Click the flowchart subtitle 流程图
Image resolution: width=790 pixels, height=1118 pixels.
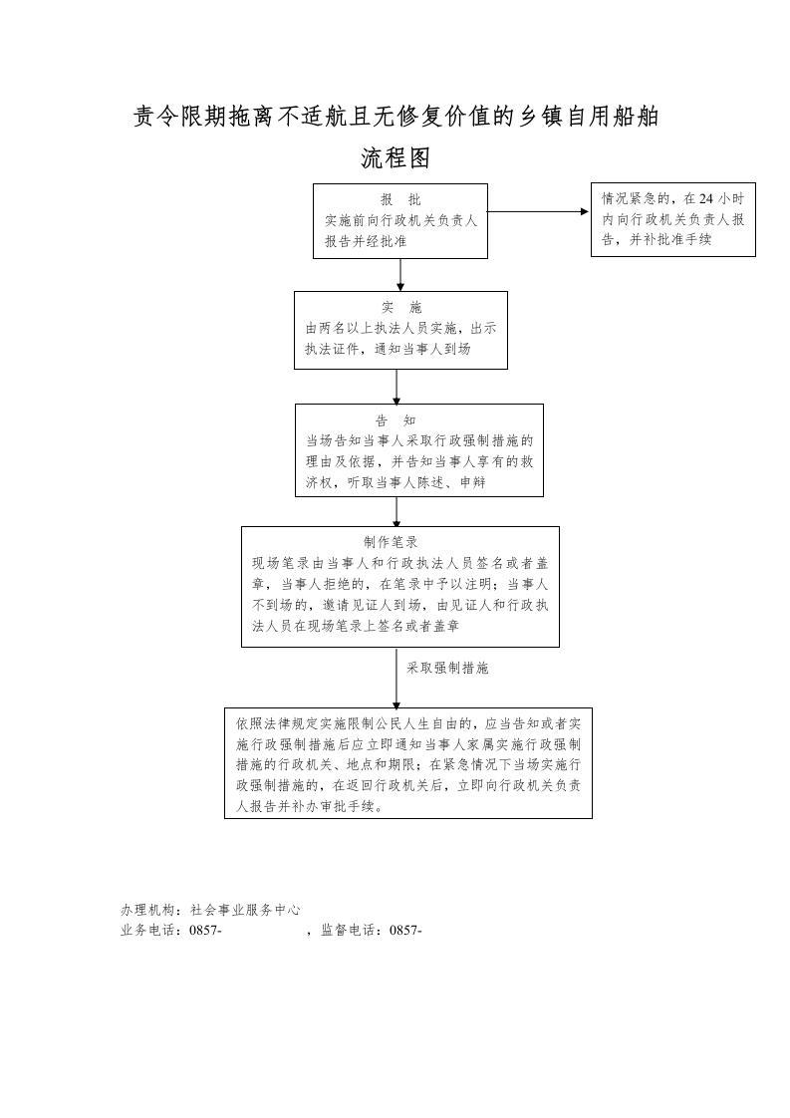(395, 158)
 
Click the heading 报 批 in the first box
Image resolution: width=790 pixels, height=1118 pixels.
(400, 199)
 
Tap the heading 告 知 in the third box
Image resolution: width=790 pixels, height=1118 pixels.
(395, 420)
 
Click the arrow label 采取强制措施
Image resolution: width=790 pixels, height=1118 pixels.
(447, 669)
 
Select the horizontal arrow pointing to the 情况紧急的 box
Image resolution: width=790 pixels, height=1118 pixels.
(538, 211)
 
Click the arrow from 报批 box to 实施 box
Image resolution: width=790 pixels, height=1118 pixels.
(400, 274)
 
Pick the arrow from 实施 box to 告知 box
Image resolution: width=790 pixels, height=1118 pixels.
(396, 386)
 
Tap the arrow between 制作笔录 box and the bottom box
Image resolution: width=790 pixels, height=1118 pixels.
(396, 678)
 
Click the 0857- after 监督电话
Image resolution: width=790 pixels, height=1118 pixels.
(404, 931)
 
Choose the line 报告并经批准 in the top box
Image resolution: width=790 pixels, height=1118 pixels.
(366, 241)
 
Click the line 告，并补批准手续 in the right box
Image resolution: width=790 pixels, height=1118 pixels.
(657, 239)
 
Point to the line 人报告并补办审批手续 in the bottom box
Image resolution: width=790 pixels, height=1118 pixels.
(309, 808)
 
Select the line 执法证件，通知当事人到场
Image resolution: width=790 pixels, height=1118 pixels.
(388, 350)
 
